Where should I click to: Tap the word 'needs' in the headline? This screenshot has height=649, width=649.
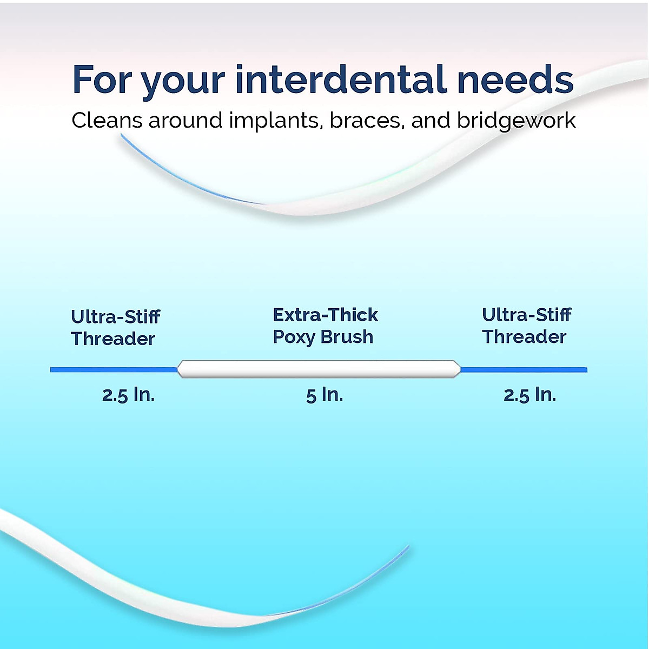515,80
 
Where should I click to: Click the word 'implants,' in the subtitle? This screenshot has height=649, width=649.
276,121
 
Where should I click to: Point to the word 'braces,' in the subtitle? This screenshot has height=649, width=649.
368,121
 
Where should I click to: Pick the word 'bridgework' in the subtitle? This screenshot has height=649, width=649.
516,121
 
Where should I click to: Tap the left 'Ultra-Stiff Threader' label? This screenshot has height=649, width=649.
115,328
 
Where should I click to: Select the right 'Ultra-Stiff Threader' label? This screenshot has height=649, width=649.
526,326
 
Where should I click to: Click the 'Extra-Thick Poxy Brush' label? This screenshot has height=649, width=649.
325,326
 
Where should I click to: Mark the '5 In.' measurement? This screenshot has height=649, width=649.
325,395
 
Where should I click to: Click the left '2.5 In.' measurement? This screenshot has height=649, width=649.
128,395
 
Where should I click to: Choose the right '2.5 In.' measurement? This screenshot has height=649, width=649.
529,395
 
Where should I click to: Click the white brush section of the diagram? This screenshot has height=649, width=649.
319,369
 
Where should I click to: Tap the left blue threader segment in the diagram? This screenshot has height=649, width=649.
114,370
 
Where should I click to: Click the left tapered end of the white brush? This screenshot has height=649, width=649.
182,369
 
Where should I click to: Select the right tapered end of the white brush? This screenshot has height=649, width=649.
456,369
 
